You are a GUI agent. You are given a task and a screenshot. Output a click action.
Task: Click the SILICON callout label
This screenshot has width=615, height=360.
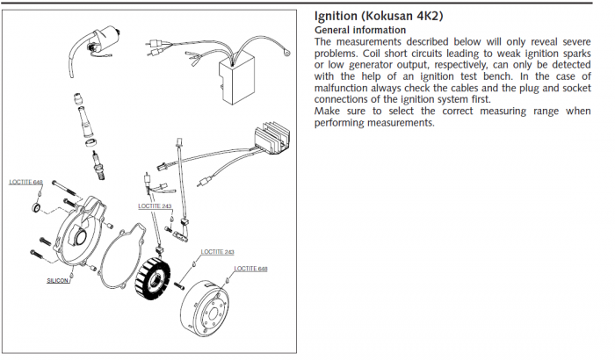tap(58, 282)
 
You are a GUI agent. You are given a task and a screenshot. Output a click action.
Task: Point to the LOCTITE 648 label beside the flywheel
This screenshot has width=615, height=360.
tap(251, 267)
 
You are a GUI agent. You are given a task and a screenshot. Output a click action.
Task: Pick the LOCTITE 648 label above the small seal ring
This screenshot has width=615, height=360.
tap(26, 182)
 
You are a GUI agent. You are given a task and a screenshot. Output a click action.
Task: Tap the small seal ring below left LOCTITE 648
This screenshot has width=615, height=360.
tap(36, 207)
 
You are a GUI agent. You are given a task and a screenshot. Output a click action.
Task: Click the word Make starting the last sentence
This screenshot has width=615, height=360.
tap(327, 111)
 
